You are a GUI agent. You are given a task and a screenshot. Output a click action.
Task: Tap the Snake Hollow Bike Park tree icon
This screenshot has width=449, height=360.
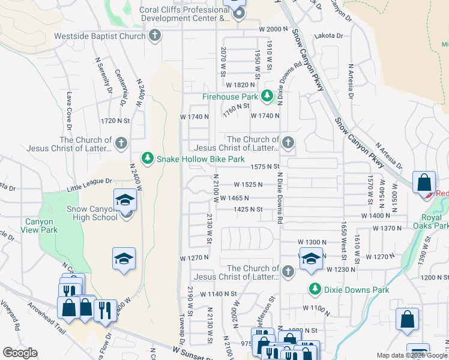148,158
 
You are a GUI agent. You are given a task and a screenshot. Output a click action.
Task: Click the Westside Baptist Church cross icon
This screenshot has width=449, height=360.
155,35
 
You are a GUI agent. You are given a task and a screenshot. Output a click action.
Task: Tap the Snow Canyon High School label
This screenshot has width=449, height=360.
92,213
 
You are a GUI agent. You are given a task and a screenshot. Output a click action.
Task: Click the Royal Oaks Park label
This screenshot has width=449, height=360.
434,221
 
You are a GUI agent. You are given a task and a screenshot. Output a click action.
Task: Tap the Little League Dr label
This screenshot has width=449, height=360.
89,181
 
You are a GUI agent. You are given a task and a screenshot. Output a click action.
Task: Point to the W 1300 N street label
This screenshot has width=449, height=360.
310,241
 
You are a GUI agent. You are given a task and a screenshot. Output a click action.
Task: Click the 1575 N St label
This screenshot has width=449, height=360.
266,166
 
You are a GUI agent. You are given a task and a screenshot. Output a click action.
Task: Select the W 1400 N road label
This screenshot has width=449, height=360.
376,215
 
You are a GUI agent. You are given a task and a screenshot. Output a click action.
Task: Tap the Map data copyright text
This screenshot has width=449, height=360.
412,355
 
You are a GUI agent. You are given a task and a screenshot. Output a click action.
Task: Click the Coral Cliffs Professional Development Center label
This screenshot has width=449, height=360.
185,14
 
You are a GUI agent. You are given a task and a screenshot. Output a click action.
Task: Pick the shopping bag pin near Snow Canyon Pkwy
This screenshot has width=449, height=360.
424,182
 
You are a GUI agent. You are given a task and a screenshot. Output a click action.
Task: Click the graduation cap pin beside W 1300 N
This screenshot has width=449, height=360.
310,259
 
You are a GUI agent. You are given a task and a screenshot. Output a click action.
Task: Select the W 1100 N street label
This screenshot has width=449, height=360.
317,308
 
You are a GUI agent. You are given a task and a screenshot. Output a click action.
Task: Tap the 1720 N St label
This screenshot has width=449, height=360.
116,121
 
